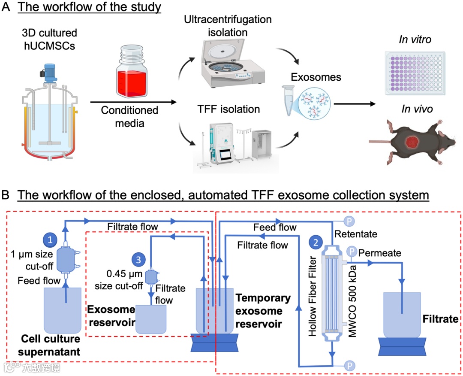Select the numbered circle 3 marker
(x=138, y=259)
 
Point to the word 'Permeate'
(x=380, y=253)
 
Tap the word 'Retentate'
(x=355, y=234)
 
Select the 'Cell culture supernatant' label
(x=51, y=346)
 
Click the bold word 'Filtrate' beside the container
(x=441, y=319)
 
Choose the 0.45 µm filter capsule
(x=151, y=277)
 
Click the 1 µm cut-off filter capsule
(x=66, y=259)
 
